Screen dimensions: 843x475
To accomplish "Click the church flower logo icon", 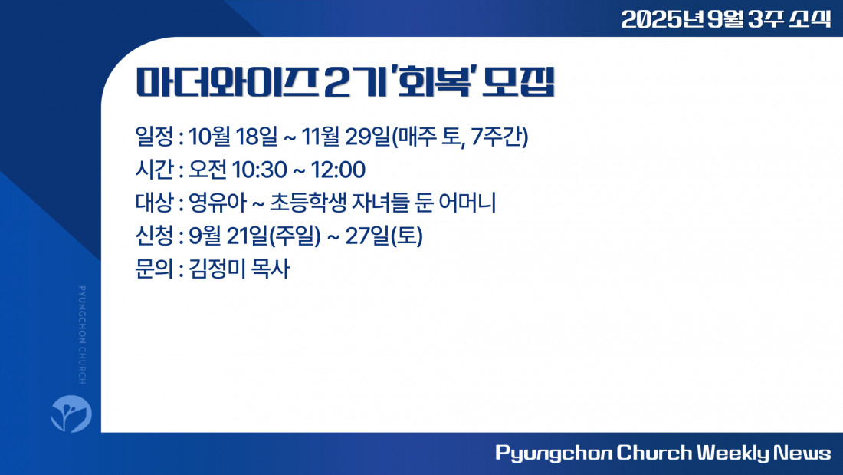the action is (71, 414).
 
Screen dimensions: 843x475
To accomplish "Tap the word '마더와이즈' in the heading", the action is (227, 82).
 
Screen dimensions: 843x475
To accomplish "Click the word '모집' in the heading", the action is (518, 82).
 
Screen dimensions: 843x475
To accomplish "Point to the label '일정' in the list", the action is (154, 137).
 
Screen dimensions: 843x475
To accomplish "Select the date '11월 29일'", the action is (345, 137).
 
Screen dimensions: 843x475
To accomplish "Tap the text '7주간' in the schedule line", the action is (497, 137).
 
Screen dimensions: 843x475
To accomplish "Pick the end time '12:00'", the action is (338, 170).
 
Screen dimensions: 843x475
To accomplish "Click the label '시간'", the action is (154, 170).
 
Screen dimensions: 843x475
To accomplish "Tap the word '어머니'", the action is (467, 203).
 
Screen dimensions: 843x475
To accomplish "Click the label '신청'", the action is (154, 236).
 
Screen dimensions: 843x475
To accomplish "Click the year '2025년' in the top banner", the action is (662, 19).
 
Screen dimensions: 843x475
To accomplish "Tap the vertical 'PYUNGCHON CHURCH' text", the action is (82, 335).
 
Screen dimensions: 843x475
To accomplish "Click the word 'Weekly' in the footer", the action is (733, 453).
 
